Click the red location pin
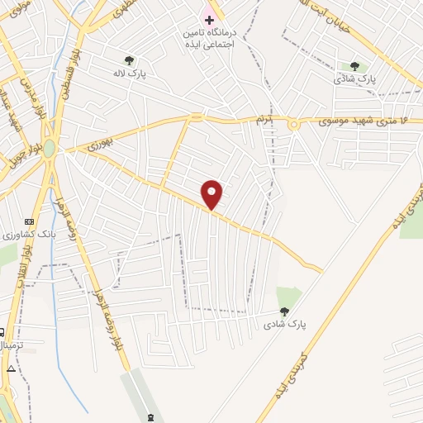click(213, 194)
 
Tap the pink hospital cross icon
click(209, 19)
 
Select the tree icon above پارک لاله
click(129, 59)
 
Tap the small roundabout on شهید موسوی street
click(294, 123)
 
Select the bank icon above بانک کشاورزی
click(31, 221)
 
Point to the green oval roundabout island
click(50, 148)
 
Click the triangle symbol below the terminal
click(11, 368)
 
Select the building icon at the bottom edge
click(150, 416)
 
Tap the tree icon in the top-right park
click(354, 66)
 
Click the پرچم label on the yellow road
click(262, 121)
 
